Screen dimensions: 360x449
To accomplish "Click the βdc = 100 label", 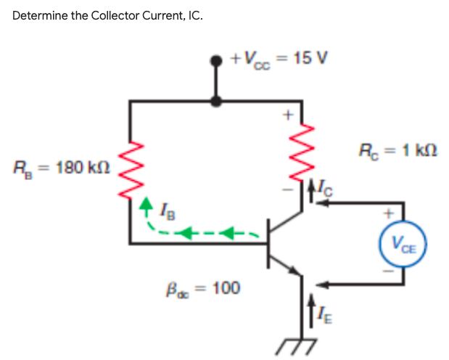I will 205,288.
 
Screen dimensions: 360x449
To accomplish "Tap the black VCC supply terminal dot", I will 215,62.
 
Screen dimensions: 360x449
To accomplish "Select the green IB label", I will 165,213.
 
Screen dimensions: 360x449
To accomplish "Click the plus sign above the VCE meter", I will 390,214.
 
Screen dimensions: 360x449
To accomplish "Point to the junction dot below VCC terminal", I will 215,102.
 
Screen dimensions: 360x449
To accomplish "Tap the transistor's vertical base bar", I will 269,244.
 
